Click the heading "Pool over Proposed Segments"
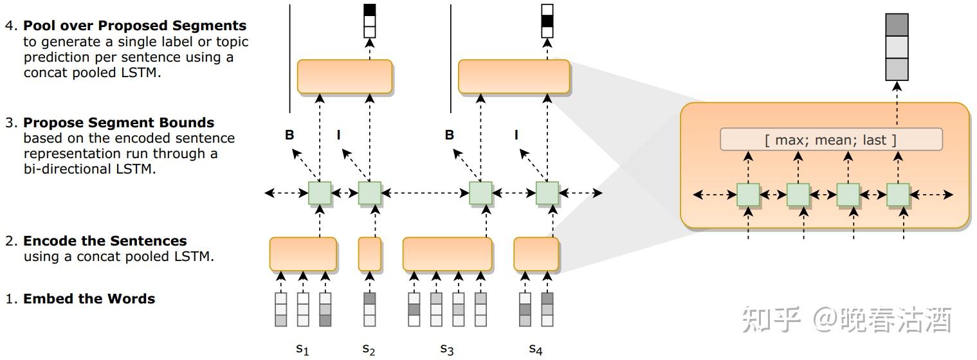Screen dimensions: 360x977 tap(134, 26)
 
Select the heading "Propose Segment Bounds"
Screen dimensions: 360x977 tap(118, 123)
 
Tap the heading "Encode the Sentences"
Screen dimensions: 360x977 tap(105, 241)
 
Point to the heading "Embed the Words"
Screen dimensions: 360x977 tap(89, 299)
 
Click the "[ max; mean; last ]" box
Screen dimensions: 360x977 tap(830, 139)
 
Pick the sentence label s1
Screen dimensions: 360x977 tap(302, 349)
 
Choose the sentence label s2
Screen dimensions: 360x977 tap(369, 349)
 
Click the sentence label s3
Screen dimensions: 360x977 tap(447, 349)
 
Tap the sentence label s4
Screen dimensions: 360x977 tap(536, 349)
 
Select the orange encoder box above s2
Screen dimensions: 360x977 tap(369, 254)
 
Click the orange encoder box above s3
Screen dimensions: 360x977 tap(447, 254)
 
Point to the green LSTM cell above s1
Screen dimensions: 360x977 tap(320, 193)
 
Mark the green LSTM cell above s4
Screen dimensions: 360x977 tap(547, 193)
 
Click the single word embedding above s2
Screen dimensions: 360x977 tap(369, 309)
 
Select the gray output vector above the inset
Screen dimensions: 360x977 tap(897, 47)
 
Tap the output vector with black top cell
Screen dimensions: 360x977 tap(369, 21)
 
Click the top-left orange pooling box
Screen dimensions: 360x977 tap(344, 76)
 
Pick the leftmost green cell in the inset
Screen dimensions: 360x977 tap(747, 194)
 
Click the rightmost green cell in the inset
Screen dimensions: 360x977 tap(897, 194)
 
